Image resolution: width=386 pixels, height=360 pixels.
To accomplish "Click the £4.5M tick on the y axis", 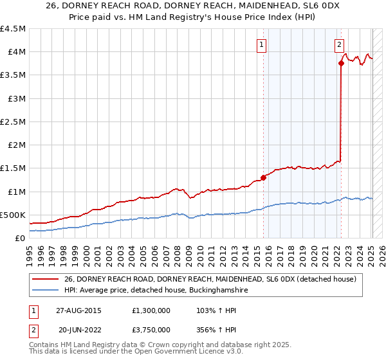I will coord(14,29).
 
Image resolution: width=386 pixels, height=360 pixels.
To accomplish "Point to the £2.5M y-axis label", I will coord(14,122).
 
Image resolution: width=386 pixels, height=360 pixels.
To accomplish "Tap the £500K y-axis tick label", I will coord(13,215).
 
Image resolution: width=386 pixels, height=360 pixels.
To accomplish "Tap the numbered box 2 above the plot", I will coord(338,44).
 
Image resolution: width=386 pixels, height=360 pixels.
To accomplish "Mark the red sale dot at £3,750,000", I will coord(341,63).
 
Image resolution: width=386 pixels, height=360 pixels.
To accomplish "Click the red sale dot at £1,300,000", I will coord(263,177).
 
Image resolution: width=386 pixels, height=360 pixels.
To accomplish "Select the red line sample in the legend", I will coord(46,278).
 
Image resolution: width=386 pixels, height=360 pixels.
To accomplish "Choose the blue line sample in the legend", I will coord(46,291).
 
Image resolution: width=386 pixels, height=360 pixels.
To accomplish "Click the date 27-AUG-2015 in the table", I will coord(78,310).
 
